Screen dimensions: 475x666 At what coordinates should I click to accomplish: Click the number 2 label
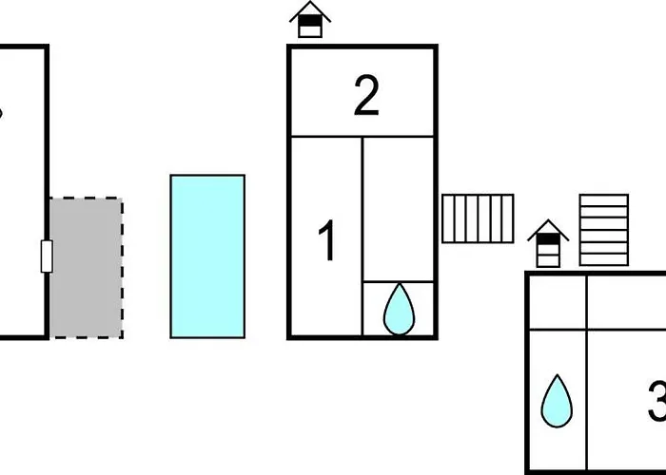pos(366,97)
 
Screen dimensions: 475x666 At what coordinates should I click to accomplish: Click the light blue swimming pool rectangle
pos(207,256)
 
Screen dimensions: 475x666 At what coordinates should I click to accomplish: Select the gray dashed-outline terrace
pos(86,267)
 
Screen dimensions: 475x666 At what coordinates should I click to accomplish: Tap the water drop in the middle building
pos(399,308)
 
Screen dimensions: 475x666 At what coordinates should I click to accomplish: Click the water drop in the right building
pos(557,400)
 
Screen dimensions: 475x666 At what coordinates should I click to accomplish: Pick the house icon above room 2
pos(310,20)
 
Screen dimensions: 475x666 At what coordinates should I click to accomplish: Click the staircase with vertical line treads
pos(478,218)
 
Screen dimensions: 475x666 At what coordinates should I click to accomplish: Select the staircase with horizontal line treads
pos(604,230)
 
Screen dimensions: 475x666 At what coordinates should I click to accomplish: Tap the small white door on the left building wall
pos(46,256)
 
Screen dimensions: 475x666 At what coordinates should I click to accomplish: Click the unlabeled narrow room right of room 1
pos(399,209)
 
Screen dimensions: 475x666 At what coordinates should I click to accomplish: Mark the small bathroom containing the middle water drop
pos(399,309)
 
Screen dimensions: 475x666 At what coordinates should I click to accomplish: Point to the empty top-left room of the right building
pos(557,302)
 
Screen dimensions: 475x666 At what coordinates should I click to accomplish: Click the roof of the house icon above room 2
pos(310,11)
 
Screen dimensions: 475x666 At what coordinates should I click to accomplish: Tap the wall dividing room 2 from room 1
pos(362,136)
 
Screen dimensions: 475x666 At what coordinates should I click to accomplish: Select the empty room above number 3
pos(626,302)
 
